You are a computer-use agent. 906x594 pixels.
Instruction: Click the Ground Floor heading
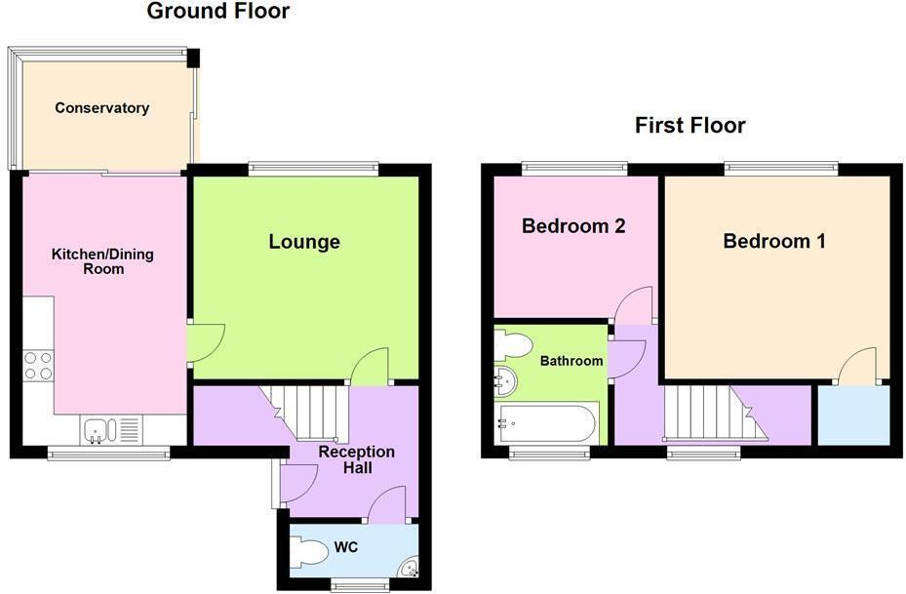point(217,12)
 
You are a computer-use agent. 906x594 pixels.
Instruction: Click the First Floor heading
point(689,125)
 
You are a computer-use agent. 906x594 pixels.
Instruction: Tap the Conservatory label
point(101,108)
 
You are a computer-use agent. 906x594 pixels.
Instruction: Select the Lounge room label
point(304,242)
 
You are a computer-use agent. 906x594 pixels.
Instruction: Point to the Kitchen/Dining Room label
point(102,261)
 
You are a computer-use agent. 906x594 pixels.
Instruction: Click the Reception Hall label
point(357,460)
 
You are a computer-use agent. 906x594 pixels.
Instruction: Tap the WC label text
point(346,547)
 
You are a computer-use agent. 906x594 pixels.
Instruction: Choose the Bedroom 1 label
point(773,241)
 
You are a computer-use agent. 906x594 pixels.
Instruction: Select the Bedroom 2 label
point(573,226)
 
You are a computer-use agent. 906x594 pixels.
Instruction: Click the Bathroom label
point(571,361)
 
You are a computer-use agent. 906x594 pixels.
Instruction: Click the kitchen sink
point(100,429)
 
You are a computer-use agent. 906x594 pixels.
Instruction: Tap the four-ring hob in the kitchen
point(38,366)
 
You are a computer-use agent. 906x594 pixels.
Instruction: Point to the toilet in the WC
point(310,553)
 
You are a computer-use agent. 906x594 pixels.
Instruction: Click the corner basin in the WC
point(410,567)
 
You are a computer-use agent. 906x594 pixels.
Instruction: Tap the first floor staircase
point(708,413)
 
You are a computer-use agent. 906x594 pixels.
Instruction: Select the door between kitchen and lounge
point(205,341)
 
